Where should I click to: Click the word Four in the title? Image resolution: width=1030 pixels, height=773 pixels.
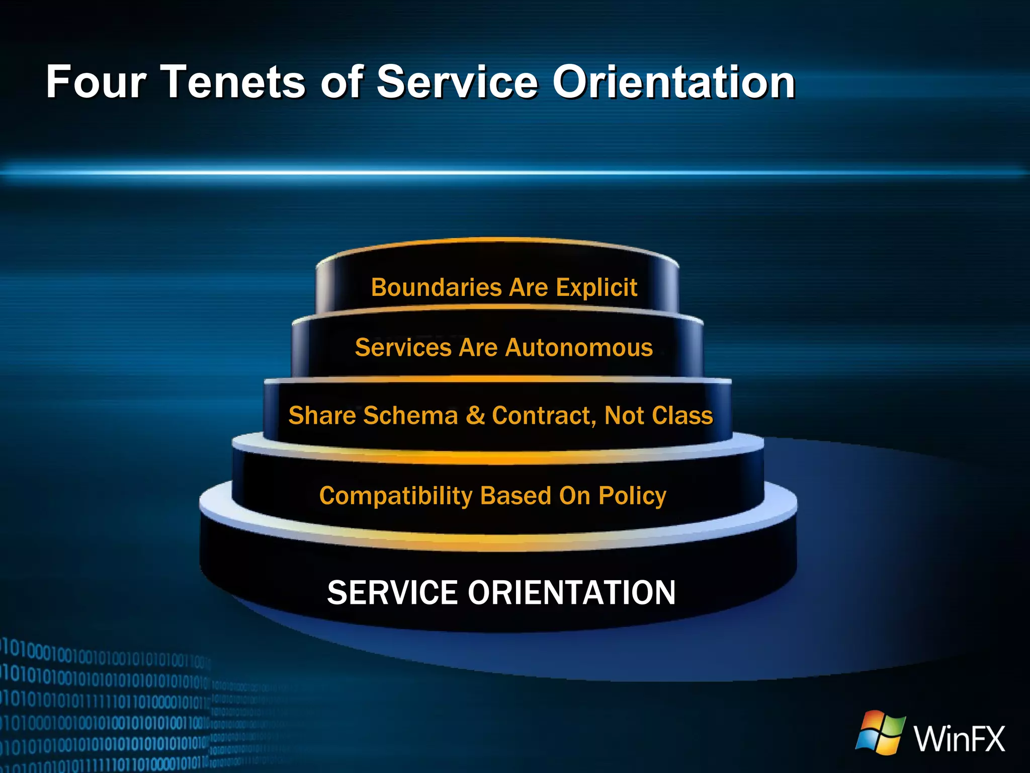tap(96, 82)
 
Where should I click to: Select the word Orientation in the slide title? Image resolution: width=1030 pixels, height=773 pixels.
tap(674, 82)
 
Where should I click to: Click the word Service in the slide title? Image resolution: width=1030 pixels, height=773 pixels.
tap(457, 82)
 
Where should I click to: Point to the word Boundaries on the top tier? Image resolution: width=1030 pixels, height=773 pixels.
tap(436, 288)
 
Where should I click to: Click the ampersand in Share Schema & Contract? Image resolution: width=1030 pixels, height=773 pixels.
tap(475, 416)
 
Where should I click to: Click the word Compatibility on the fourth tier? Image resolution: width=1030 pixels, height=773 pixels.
tap(396, 496)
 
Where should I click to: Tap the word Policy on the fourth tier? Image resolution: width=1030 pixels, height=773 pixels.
tap(632, 496)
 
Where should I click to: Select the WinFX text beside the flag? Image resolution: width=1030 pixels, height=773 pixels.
tap(959, 739)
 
